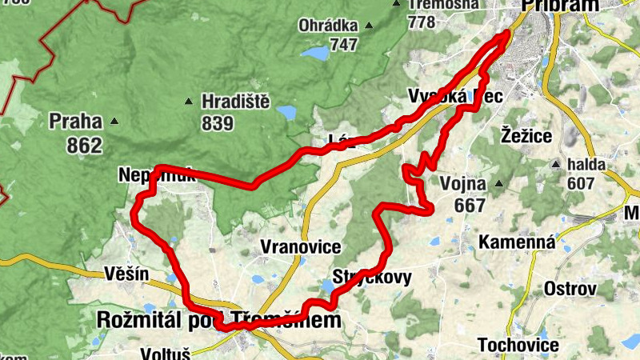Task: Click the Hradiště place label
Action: (237, 102)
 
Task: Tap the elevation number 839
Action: (218, 123)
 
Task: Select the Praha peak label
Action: (76, 122)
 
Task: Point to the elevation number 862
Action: (85, 146)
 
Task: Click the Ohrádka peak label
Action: (329, 25)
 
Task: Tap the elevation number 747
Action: (343, 45)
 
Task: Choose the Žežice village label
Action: (526, 135)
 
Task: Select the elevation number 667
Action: (470, 206)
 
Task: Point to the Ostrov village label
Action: (570, 288)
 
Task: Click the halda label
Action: (586, 165)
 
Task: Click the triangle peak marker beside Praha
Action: (114, 122)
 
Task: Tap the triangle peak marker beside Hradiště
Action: (189, 102)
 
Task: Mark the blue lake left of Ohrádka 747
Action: (314, 54)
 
